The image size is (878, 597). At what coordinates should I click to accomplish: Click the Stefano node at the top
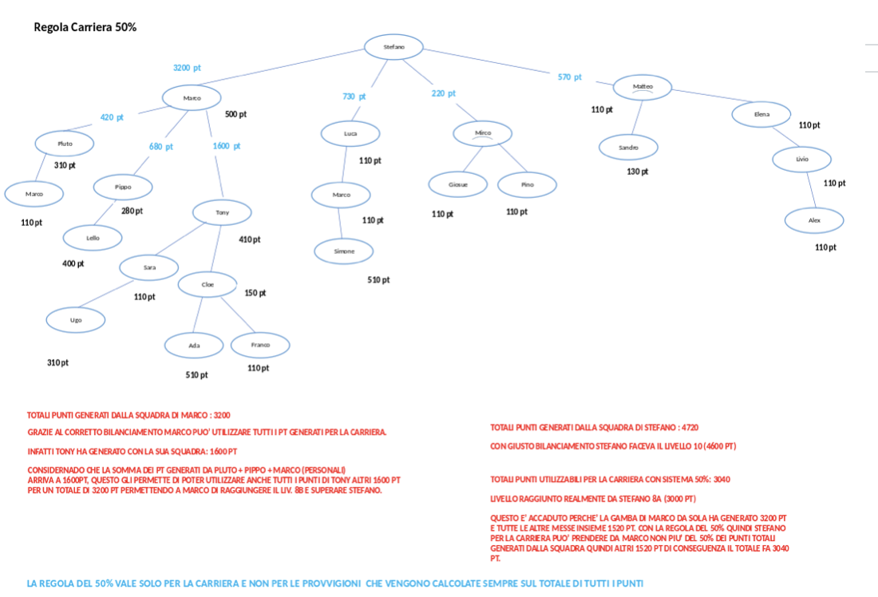coord(394,47)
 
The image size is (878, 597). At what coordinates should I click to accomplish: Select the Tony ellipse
coord(222,212)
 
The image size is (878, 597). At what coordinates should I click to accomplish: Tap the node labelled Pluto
coord(65,144)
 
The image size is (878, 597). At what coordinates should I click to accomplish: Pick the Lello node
coord(93,238)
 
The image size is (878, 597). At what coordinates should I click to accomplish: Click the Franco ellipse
coord(260,345)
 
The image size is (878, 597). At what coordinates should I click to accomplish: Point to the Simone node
coord(343,251)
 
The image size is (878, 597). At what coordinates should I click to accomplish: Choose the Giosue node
coord(457,184)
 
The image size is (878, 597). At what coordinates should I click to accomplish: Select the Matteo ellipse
coord(643,86)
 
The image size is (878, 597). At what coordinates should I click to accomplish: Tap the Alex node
coord(813,220)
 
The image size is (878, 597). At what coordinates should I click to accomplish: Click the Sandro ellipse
coord(629,148)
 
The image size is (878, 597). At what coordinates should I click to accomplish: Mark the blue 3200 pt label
coord(187,68)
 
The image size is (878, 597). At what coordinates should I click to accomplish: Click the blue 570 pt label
coord(569,77)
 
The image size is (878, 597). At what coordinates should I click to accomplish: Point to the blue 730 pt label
coord(354,97)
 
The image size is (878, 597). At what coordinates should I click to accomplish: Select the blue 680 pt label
coord(160,147)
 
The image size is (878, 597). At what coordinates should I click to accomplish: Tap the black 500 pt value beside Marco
coord(235,114)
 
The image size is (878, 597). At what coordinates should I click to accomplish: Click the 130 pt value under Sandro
coord(637,172)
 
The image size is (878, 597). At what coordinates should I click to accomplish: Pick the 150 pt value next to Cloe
coord(255,293)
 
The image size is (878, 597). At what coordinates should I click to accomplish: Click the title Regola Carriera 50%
coord(85,27)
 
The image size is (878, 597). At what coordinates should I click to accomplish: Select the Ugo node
coord(75,320)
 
